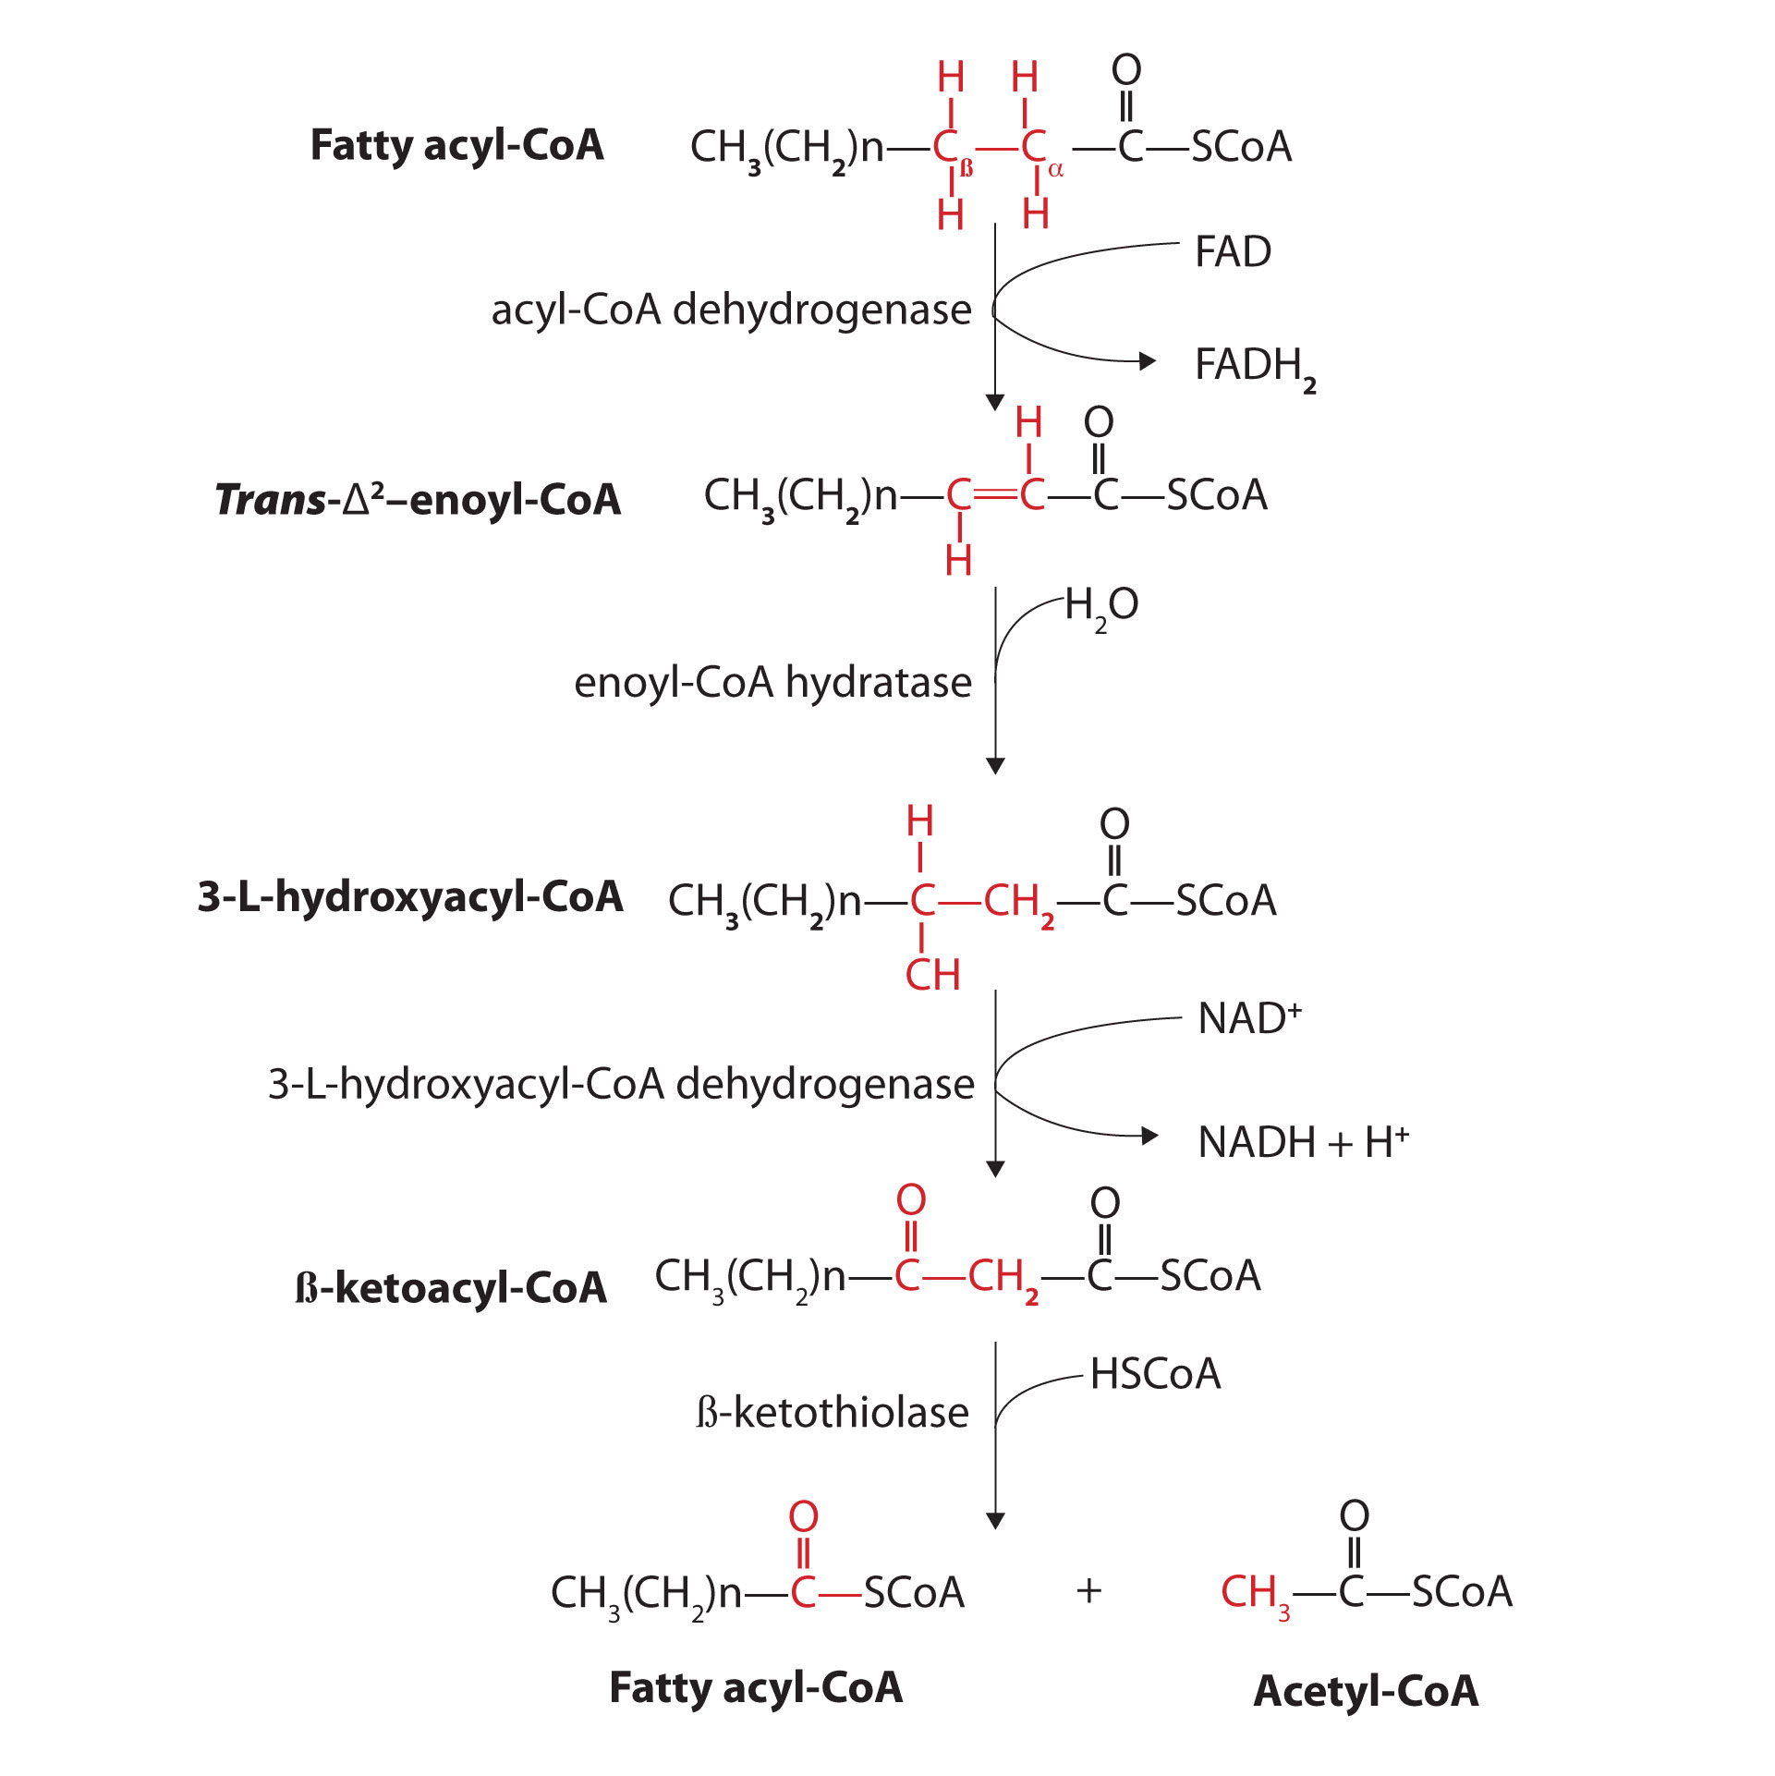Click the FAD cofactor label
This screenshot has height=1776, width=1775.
pos(1233,252)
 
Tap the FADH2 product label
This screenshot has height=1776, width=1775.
pos(1254,367)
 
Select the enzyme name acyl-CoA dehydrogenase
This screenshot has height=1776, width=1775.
pos(731,310)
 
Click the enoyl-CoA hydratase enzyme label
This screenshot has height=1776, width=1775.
pos(772,684)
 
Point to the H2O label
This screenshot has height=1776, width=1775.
pos(1100,607)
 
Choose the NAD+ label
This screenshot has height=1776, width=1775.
pos(1248,1019)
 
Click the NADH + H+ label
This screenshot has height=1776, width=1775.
pos(1303,1143)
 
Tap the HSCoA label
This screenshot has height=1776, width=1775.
pos(1155,1374)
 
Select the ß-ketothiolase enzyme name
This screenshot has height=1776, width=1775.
pos(832,1413)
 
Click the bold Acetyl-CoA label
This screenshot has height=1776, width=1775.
pos(1366,1692)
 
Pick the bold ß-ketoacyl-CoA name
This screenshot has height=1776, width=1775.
pos(451,1288)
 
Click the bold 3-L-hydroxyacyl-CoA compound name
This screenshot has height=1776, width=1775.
pos(410,897)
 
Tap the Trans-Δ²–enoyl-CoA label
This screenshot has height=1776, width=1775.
pos(418,501)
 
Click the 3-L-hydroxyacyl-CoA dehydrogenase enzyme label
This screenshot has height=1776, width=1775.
pos(621,1084)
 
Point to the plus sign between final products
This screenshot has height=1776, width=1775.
pos(1089,1590)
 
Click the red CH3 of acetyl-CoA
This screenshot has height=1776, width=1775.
pos(1254,1593)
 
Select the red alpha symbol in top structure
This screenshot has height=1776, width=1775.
pos(1056,170)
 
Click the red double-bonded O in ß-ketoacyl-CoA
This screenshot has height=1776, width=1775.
pos(911,1199)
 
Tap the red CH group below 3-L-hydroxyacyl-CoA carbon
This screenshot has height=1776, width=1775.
pos(932,976)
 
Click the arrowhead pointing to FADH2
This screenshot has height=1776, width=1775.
pos(1148,360)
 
